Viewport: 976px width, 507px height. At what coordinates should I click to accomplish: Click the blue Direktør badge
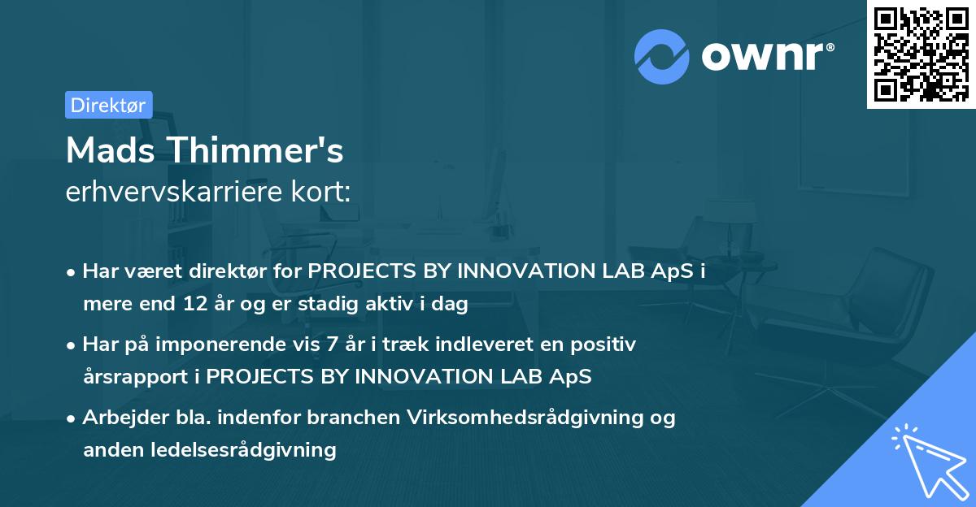(109, 105)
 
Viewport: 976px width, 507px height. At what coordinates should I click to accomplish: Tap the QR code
(921, 54)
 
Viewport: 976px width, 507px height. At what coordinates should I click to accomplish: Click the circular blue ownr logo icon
(661, 57)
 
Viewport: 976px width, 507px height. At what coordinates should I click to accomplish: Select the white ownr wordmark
(762, 56)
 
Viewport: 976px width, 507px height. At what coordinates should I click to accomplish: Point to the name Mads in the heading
(111, 150)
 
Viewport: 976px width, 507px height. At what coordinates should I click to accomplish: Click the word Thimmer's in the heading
(256, 150)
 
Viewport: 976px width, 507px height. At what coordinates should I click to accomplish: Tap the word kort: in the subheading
(320, 191)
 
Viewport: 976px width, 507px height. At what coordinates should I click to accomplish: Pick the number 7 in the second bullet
(332, 344)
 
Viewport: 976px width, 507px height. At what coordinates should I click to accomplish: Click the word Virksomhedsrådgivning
(525, 418)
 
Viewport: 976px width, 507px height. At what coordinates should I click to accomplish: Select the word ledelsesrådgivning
(243, 450)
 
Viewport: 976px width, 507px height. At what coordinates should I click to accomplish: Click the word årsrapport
(136, 377)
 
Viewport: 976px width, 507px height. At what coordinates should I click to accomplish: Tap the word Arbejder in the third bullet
(125, 418)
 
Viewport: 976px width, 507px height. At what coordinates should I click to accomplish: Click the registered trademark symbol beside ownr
(830, 47)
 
